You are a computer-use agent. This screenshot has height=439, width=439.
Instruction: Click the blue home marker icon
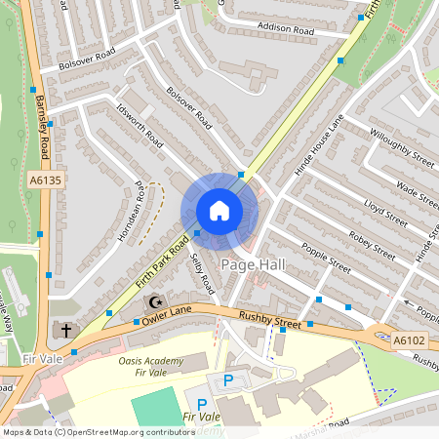219,211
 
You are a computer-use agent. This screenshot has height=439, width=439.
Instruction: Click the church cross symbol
65,331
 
